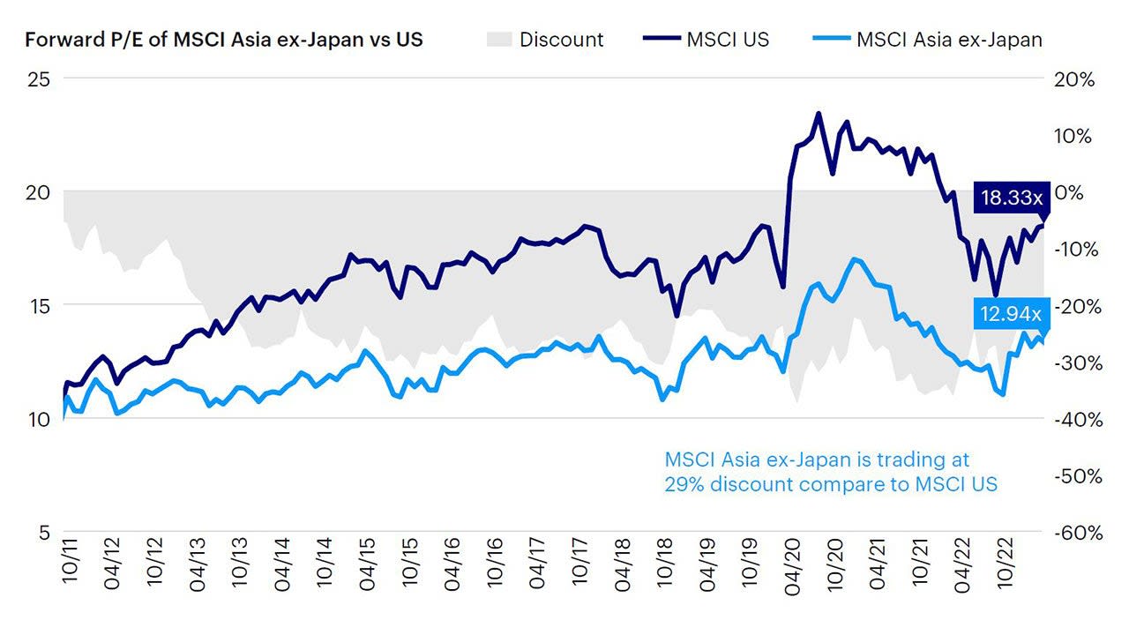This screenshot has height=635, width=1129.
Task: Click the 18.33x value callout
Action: tap(1012, 197)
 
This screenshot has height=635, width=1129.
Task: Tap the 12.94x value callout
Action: tap(1012, 314)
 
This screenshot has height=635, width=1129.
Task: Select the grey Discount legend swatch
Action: tap(499, 40)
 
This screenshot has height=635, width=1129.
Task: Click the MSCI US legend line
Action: tap(662, 38)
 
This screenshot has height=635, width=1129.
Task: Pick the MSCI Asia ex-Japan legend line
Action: tap(832, 38)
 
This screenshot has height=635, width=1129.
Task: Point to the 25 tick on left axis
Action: tap(39, 79)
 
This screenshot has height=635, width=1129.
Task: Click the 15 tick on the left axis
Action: tap(39, 305)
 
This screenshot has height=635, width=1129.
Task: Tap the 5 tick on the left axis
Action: tap(45, 532)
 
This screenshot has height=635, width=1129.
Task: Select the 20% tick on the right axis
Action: tap(1074, 79)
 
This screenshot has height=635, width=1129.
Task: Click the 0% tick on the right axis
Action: tap(1068, 192)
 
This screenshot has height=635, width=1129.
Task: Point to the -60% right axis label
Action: tap(1078, 533)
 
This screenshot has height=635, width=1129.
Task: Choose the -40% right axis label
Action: tap(1078, 419)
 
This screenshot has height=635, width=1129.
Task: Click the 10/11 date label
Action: tap(70, 561)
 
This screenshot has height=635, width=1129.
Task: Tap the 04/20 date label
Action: tap(791, 566)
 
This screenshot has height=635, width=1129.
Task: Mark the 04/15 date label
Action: tap(367, 564)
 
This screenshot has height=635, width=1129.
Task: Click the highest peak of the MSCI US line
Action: tap(818, 114)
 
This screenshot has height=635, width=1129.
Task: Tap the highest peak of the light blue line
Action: tap(854, 259)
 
